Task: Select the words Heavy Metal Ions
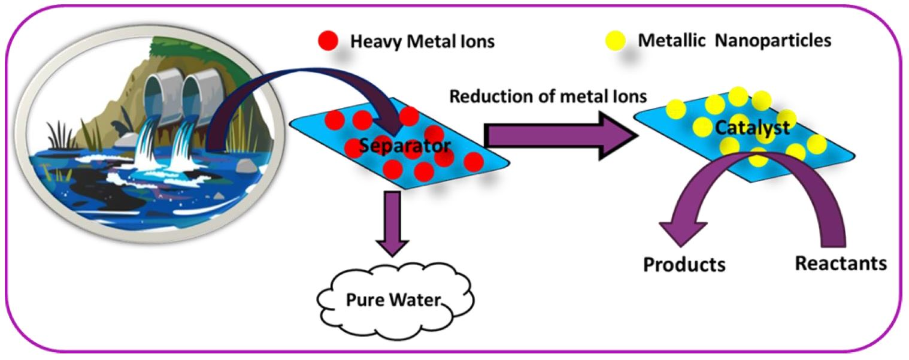coord(422,42)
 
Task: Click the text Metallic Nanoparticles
coord(734,41)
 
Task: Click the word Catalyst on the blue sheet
coord(752,127)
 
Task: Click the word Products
coord(684,264)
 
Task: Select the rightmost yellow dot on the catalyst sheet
coord(816,144)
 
